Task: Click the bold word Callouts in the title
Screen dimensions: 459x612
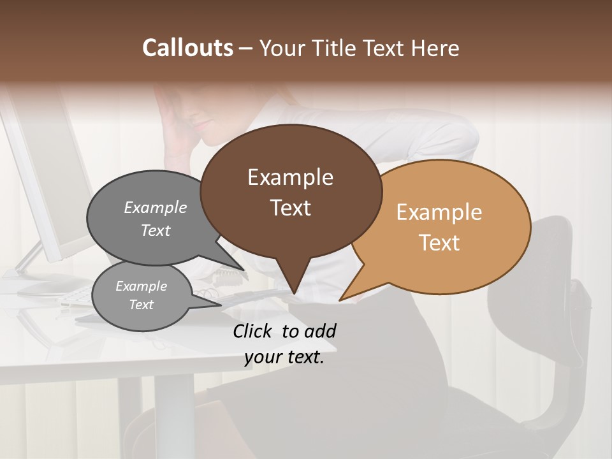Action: [187, 48]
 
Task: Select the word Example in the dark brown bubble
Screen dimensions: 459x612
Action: [290, 177]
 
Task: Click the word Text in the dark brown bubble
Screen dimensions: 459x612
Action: [290, 208]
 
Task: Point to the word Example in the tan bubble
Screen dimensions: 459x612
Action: [439, 212]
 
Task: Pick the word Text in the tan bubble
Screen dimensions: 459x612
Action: [439, 243]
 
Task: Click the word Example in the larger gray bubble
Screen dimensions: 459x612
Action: [156, 207]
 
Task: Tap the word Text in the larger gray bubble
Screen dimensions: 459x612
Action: [156, 230]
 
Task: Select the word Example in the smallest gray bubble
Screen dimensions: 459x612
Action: [141, 286]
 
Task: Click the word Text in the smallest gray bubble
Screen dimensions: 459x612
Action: [141, 305]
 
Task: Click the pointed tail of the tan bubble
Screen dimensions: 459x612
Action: [340, 300]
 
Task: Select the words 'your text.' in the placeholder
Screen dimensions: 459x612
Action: [284, 358]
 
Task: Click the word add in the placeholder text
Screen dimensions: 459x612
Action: [320, 331]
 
